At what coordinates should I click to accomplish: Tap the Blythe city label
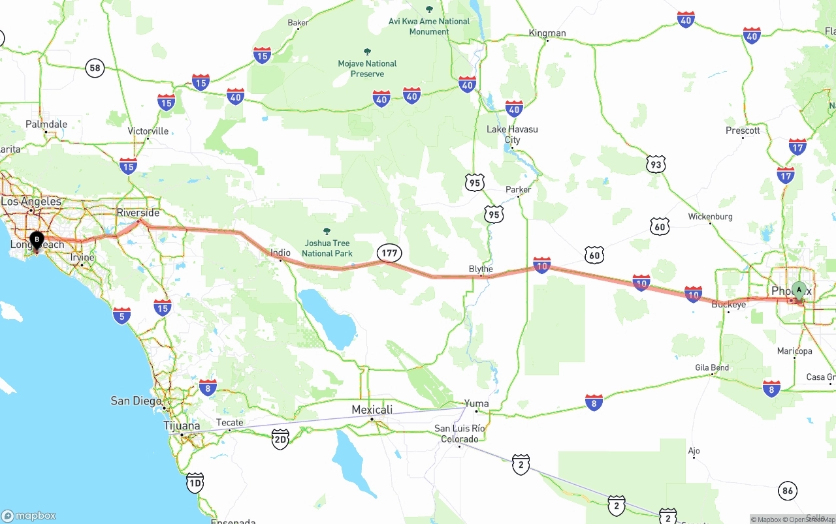click(481, 269)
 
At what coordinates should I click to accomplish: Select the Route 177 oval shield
click(389, 253)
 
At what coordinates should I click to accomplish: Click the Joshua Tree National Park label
click(327, 248)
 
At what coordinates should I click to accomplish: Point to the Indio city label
click(280, 253)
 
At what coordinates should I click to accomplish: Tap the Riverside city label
click(138, 213)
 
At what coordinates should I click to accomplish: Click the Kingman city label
click(547, 33)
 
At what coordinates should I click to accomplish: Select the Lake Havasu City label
click(513, 134)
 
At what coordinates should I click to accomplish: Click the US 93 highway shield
click(656, 164)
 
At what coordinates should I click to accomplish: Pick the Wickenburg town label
click(711, 217)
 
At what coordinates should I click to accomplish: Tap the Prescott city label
click(743, 131)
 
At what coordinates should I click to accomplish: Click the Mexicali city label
click(372, 410)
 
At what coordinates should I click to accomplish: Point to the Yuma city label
click(477, 403)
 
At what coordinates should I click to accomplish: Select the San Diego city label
click(136, 401)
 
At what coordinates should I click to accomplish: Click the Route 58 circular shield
click(95, 68)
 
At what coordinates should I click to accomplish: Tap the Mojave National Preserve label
click(367, 69)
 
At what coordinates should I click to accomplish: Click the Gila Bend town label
click(711, 367)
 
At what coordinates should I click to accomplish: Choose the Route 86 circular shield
click(788, 491)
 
